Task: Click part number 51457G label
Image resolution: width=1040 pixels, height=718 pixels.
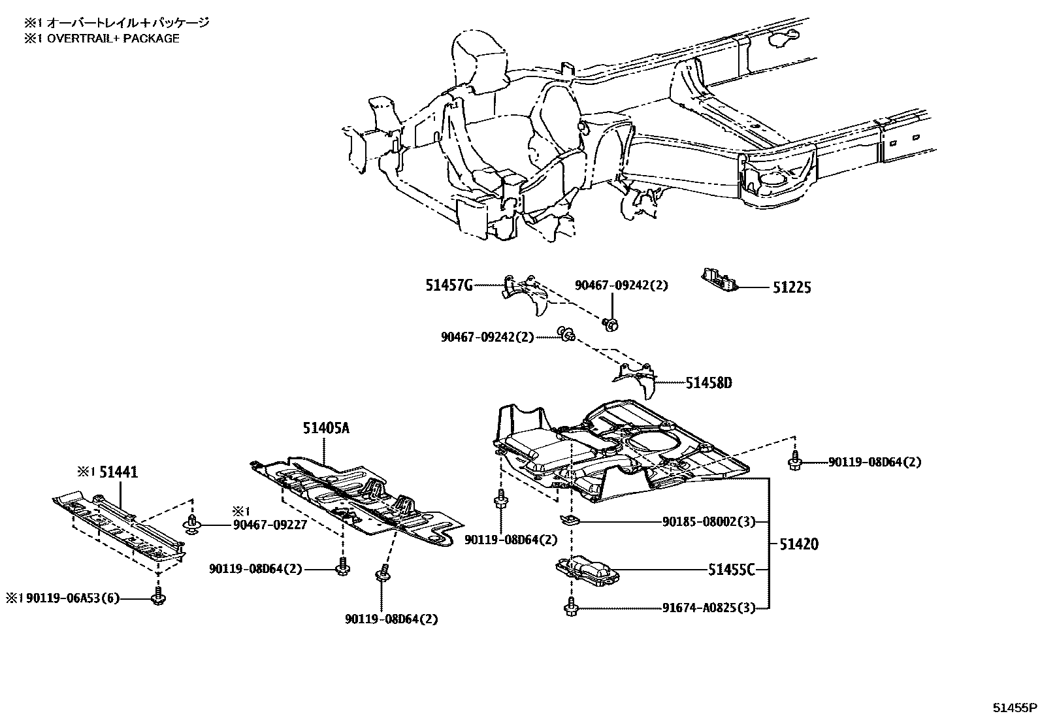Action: [x=448, y=286]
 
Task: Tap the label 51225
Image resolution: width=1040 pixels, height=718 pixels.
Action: [x=792, y=287]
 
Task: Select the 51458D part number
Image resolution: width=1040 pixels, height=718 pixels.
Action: [x=709, y=383]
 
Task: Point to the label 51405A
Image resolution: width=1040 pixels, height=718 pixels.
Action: [x=325, y=429]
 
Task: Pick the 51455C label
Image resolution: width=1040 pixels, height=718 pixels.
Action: [x=732, y=570]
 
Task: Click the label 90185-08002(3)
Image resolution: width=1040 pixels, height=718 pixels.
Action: [x=708, y=521]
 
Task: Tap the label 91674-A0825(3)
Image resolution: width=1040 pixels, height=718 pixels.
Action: [x=708, y=608]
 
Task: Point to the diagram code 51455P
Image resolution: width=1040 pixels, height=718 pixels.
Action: [x=1015, y=708]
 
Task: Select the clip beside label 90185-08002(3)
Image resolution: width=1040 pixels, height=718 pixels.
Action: [x=569, y=521]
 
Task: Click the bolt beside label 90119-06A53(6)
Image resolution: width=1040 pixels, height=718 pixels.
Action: [x=157, y=596]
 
